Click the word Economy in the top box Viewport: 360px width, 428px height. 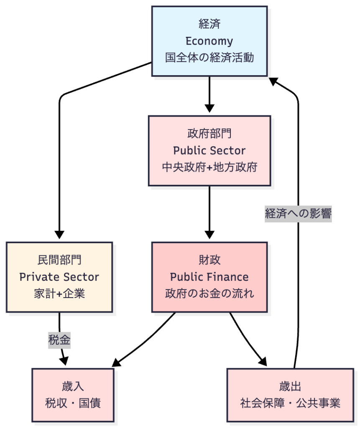[209, 41]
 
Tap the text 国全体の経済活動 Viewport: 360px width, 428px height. [209, 58]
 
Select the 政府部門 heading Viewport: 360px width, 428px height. [209, 134]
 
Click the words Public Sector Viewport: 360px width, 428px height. [209, 150]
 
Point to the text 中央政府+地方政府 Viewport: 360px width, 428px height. [209, 167]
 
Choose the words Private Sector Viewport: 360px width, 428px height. [59, 277]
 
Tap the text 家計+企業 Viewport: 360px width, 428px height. [59, 293]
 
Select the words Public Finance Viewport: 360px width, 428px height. [209, 277]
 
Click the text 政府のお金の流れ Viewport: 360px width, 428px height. [209, 293]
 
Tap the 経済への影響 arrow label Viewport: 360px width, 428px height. [298, 214]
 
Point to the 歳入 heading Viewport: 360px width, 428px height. [73, 386]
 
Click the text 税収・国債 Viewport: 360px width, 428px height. [73, 403]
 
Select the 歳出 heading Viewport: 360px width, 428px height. [290, 386]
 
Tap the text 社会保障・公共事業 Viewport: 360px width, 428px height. [290, 403]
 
